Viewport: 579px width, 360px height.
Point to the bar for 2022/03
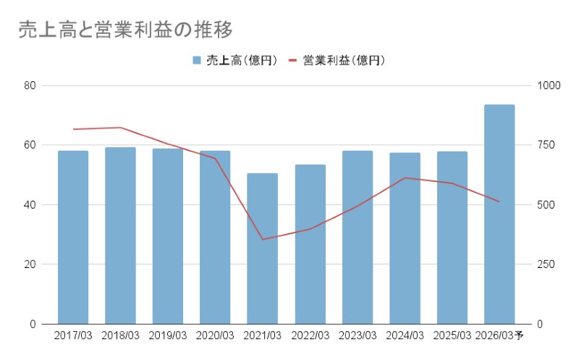[310, 244]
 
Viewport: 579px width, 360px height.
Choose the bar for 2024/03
[405, 238]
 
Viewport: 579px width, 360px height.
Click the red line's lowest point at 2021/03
[262, 239]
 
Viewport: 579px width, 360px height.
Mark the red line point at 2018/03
[120, 127]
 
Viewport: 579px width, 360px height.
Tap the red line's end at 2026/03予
[499, 201]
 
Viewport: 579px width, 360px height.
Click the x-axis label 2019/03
[167, 335]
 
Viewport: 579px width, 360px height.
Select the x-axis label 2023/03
[358, 335]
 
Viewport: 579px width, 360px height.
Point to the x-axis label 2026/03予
[501, 335]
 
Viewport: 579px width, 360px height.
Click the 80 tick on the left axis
[30, 85]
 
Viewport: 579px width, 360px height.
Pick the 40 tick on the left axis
[30, 205]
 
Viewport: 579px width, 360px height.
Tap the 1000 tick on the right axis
[549, 85]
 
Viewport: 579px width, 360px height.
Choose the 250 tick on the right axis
[546, 264]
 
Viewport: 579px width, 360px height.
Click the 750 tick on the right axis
[546, 145]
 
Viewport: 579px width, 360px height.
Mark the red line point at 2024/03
[405, 177]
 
